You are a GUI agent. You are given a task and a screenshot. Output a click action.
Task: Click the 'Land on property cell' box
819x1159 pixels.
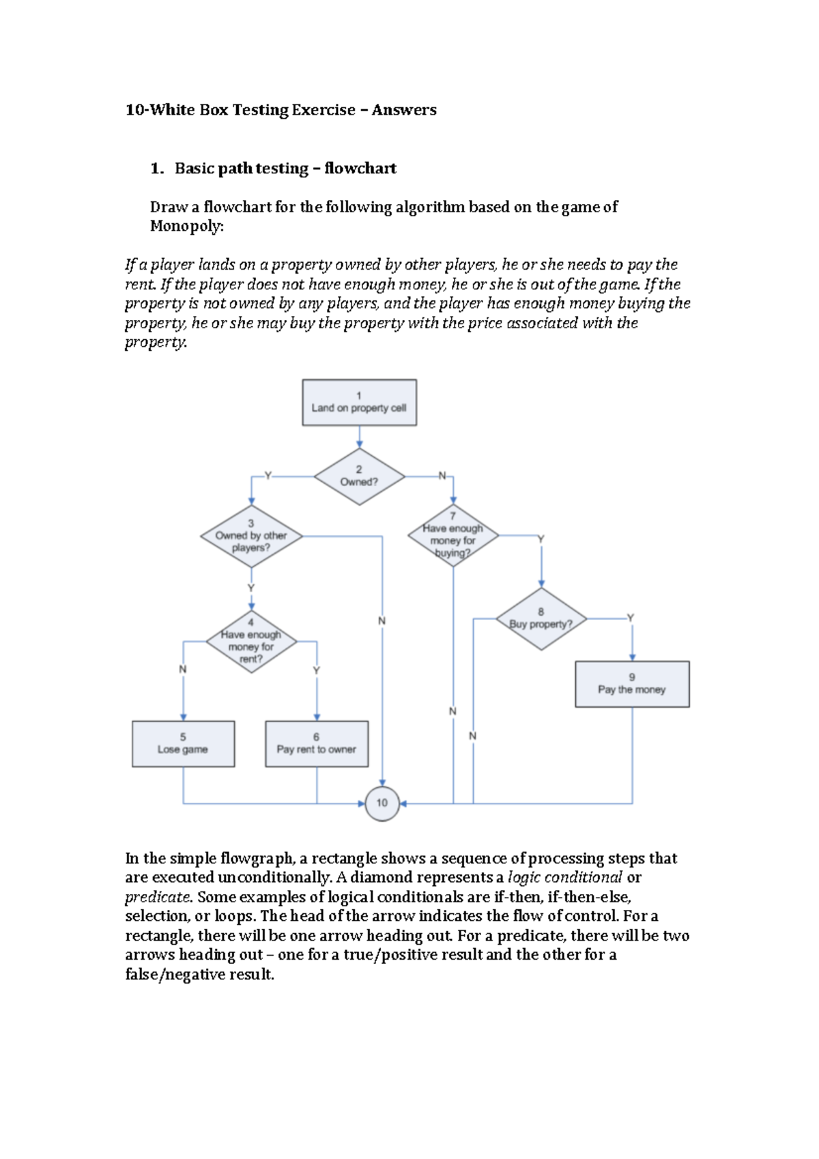point(359,403)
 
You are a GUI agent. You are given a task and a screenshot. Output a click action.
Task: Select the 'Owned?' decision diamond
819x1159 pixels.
point(359,476)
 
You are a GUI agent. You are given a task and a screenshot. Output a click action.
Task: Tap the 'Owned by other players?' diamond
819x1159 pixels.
point(251,536)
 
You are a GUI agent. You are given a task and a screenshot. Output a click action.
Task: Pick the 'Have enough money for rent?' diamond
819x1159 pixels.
point(251,642)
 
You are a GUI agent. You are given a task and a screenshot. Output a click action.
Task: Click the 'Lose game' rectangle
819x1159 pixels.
point(183,744)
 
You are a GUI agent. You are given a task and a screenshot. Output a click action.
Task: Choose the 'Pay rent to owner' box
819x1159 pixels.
point(317,744)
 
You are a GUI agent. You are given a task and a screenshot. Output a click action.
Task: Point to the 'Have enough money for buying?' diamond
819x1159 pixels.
point(453,536)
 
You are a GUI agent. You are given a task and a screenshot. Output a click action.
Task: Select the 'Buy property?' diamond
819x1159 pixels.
point(541,619)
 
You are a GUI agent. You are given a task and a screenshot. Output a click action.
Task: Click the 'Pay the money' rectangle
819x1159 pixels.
point(632,684)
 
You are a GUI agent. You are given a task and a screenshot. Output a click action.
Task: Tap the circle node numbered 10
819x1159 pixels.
point(382,803)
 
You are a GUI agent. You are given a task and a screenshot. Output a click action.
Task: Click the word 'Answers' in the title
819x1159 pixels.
point(404,110)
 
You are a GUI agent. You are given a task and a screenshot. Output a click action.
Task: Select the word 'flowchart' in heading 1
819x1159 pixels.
point(360,169)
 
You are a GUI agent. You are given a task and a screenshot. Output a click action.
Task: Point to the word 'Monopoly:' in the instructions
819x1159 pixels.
point(187,226)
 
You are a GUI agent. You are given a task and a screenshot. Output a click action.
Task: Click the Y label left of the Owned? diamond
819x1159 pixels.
point(268,476)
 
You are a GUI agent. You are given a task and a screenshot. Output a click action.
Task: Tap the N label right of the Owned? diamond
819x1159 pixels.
point(442,476)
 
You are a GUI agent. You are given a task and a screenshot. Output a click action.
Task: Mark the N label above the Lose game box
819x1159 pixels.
point(182,670)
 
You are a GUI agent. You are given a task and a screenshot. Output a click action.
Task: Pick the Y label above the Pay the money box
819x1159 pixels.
point(631,618)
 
